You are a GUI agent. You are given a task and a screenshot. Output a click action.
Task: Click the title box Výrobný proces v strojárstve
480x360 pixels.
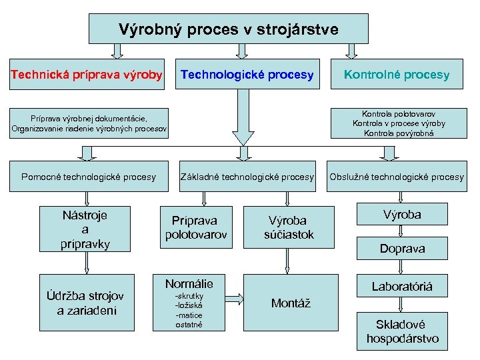(229, 29)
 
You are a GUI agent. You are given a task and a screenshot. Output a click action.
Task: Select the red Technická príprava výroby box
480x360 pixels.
(87, 75)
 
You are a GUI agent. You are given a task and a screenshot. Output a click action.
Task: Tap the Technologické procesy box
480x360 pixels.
(247, 75)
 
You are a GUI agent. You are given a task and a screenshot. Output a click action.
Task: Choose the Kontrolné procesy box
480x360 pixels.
(397, 75)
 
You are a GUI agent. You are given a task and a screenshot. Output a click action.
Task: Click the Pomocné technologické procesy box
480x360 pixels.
(89, 177)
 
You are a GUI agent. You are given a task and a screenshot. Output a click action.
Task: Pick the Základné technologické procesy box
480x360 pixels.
(247, 177)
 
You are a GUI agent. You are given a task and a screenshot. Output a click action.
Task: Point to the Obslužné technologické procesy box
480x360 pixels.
(397, 177)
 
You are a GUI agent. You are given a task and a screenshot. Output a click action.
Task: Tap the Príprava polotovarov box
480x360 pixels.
(196, 227)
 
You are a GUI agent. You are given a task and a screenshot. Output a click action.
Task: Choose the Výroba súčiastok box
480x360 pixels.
(289, 227)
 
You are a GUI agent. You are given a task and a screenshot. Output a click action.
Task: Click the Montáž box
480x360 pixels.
(291, 303)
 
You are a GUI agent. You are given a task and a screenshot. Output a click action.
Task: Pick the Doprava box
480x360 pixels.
(402, 249)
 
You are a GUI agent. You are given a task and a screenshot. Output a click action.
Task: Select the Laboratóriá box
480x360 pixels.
(402, 287)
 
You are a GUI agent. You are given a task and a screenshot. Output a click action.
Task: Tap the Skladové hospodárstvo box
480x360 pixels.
(402, 331)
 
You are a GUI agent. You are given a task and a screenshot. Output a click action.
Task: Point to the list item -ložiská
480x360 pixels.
(188, 305)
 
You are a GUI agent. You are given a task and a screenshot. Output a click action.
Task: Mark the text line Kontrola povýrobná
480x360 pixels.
(399, 133)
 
